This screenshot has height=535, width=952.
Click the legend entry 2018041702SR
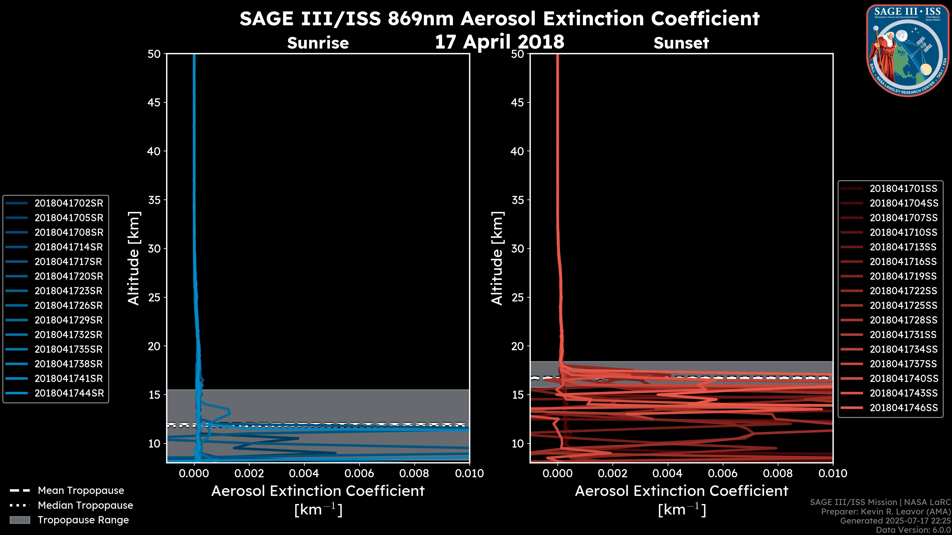(69, 203)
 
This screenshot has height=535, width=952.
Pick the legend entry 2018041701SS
(903, 189)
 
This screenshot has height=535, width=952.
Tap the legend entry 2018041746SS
(903, 408)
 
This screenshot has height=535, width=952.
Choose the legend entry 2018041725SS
(903, 305)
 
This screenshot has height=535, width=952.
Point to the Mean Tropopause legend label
(81, 490)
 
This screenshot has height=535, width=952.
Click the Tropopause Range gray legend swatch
(20, 520)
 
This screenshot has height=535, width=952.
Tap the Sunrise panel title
(318, 43)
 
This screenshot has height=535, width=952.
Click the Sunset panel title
(681, 43)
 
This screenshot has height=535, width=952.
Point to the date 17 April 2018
(499, 41)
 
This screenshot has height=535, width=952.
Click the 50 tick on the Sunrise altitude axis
(154, 54)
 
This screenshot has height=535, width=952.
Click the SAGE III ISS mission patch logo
(908, 50)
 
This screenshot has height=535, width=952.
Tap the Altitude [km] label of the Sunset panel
(497, 258)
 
